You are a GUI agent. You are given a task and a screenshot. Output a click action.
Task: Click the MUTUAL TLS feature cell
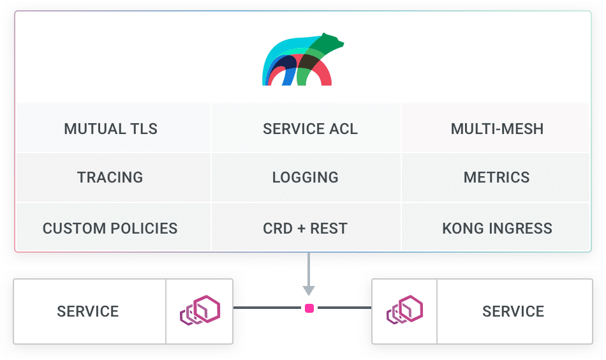point(110,129)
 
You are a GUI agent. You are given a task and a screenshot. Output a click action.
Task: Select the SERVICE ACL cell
point(311,129)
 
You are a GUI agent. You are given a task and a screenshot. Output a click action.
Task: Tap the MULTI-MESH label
point(497,129)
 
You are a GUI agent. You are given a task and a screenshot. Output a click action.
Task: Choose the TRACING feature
point(110,177)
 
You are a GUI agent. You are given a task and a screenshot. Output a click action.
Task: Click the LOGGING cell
point(306,177)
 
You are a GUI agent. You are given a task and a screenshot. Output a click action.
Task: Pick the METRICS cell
point(497,177)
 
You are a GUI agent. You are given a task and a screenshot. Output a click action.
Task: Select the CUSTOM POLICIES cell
point(110,228)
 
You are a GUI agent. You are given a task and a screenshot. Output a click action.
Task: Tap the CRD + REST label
point(306,228)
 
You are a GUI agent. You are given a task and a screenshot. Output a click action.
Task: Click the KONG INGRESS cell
point(497,228)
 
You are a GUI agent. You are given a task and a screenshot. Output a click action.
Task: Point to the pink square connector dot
point(309,308)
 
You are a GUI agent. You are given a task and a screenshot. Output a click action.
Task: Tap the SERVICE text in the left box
point(88,311)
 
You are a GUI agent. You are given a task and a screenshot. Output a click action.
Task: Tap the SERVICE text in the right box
point(514,311)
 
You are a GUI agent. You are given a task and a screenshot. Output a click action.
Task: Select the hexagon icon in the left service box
point(200,310)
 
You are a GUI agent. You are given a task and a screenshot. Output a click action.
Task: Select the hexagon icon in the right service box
point(404,310)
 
